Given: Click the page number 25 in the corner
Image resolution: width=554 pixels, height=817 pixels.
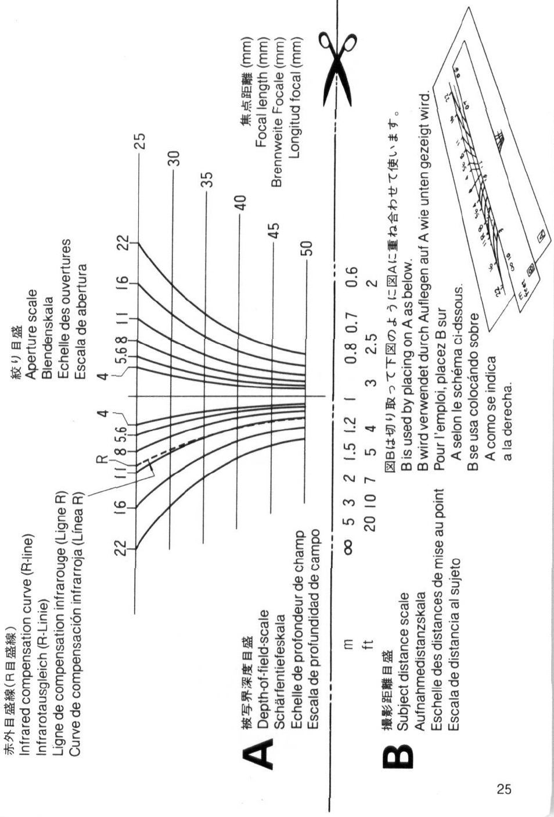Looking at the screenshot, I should [x=504, y=789].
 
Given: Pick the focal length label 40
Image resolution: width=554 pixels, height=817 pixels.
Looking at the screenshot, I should [x=240, y=203].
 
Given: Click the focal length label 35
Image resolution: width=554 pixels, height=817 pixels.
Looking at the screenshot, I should [x=207, y=180].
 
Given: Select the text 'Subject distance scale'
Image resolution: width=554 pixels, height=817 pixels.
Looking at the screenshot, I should [x=405, y=661].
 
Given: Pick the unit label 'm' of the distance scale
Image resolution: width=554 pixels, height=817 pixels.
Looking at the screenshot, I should [x=348, y=643].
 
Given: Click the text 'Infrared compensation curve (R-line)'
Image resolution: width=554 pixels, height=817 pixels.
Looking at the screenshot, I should [x=26, y=644].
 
